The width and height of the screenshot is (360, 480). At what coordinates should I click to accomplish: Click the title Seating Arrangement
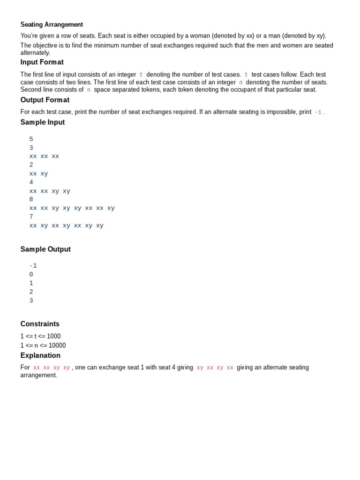click(x=52, y=24)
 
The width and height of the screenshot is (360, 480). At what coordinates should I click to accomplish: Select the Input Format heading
click(x=42, y=62)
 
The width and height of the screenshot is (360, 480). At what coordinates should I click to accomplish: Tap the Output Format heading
click(x=45, y=100)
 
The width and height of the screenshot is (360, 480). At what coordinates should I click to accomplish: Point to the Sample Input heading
click(x=43, y=122)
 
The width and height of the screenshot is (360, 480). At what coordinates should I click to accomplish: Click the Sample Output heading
click(x=45, y=249)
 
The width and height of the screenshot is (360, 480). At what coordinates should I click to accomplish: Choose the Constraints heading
click(x=40, y=324)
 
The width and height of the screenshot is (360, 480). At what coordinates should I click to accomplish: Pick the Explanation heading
click(x=40, y=355)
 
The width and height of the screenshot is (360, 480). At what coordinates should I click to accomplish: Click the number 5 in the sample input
click(x=31, y=139)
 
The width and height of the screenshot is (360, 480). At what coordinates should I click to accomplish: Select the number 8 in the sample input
click(x=31, y=200)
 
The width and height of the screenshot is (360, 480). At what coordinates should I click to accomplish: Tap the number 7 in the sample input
click(x=31, y=217)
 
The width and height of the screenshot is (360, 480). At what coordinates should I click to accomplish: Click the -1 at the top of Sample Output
click(x=33, y=266)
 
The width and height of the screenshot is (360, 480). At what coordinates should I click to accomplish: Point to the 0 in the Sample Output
click(x=31, y=275)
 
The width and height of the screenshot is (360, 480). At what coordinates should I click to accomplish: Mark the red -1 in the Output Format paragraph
click(x=318, y=112)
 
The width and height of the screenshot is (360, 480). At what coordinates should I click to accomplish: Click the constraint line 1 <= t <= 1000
click(x=40, y=336)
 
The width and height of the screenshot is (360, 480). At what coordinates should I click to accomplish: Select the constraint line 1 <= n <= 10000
click(x=43, y=345)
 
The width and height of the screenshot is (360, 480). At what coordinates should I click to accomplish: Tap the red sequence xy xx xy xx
click(x=215, y=368)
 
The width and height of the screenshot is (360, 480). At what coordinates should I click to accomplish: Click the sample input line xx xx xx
click(x=44, y=157)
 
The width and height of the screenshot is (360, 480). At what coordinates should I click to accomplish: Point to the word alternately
click(x=35, y=53)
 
